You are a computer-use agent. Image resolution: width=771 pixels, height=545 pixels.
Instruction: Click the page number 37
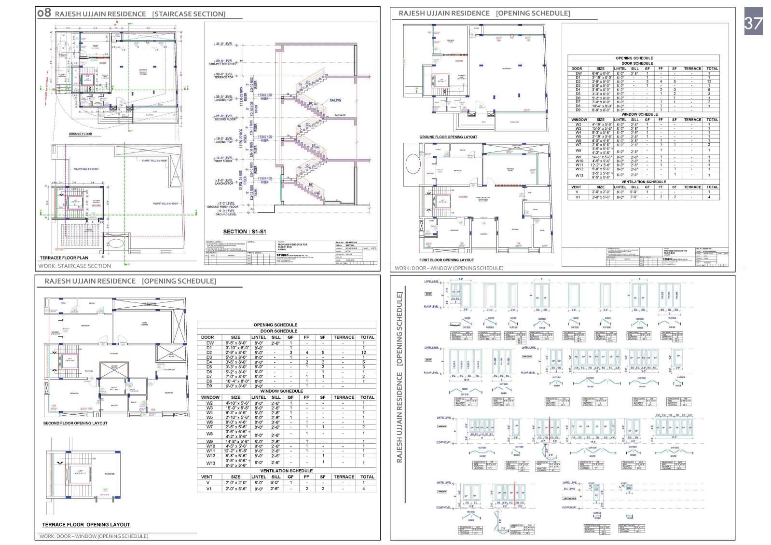pyautogui.click(x=753, y=22)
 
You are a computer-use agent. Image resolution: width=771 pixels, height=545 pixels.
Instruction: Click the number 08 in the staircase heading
pyautogui.click(x=44, y=13)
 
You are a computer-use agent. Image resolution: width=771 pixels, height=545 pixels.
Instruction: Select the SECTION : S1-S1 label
pyautogui.click(x=245, y=232)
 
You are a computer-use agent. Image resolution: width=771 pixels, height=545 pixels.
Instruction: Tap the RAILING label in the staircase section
pyautogui.click(x=335, y=100)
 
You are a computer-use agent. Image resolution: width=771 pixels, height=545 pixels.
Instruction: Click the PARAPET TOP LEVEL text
pyautogui.click(x=223, y=64)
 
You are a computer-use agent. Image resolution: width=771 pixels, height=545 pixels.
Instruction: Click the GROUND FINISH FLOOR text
pyautogui.click(x=223, y=207)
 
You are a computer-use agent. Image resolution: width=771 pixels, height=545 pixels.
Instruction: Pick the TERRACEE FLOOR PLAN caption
pyautogui.click(x=64, y=258)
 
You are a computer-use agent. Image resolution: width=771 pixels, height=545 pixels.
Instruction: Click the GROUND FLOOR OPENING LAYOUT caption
pyautogui.click(x=448, y=137)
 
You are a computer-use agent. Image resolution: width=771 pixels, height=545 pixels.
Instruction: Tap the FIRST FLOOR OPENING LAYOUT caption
pyautogui.click(x=446, y=260)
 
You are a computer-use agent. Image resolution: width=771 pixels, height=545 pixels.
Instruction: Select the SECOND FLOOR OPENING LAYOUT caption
pyautogui.click(x=75, y=423)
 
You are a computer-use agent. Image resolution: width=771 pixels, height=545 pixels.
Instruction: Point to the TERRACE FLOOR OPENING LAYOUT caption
pyautogui.click(x=86, y=524)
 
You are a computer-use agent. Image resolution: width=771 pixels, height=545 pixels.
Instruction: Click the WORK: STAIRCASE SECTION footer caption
pyautogui.click(x=75, y=266)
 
